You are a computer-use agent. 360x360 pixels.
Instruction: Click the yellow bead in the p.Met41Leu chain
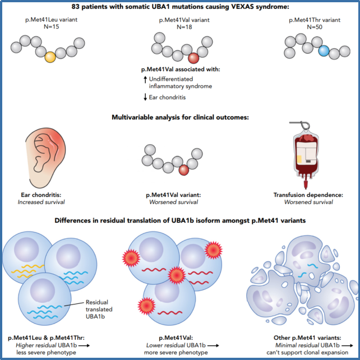[49, 56]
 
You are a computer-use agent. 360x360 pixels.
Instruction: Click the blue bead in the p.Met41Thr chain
[324, 52]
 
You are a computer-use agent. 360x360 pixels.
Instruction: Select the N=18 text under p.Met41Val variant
[179, 27]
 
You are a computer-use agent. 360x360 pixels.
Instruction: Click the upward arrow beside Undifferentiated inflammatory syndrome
[145, 80]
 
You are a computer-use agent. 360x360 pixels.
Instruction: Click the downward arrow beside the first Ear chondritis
[145, 99]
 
